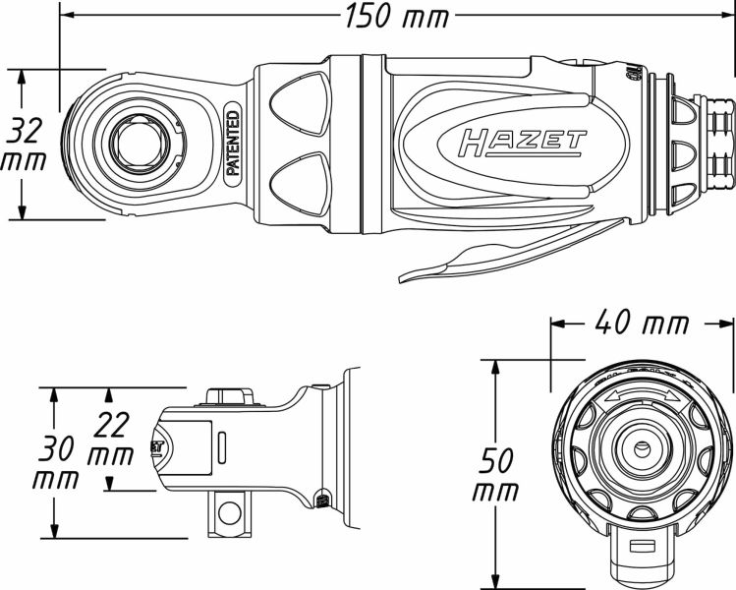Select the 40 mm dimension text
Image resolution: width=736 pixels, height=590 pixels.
641,324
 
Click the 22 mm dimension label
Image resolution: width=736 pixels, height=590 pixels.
110,440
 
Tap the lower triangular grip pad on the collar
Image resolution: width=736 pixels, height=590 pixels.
296,181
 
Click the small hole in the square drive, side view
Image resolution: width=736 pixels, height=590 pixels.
229,511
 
